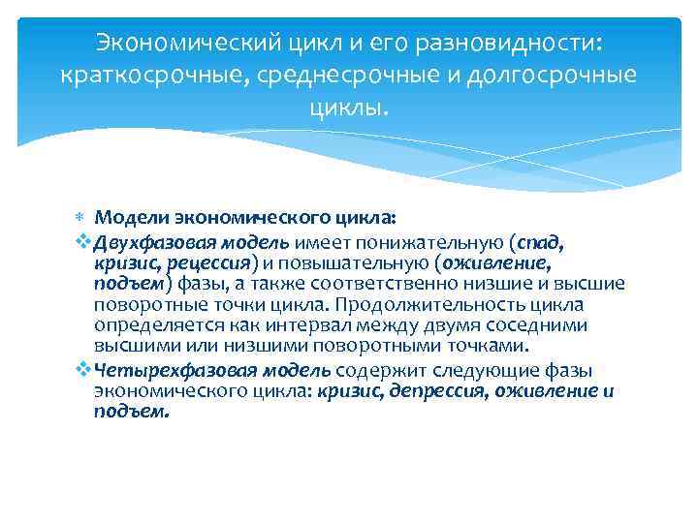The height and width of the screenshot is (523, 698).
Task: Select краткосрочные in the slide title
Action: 153,75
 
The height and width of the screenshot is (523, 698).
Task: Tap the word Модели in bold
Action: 132,218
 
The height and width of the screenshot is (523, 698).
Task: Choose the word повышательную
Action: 364,261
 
